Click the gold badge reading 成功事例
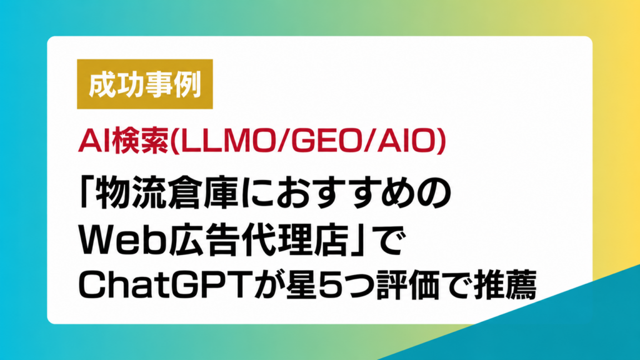coord(145,84)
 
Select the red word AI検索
coord(123,141)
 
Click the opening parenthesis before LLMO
coord(174,141)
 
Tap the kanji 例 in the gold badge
coord(186,85)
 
